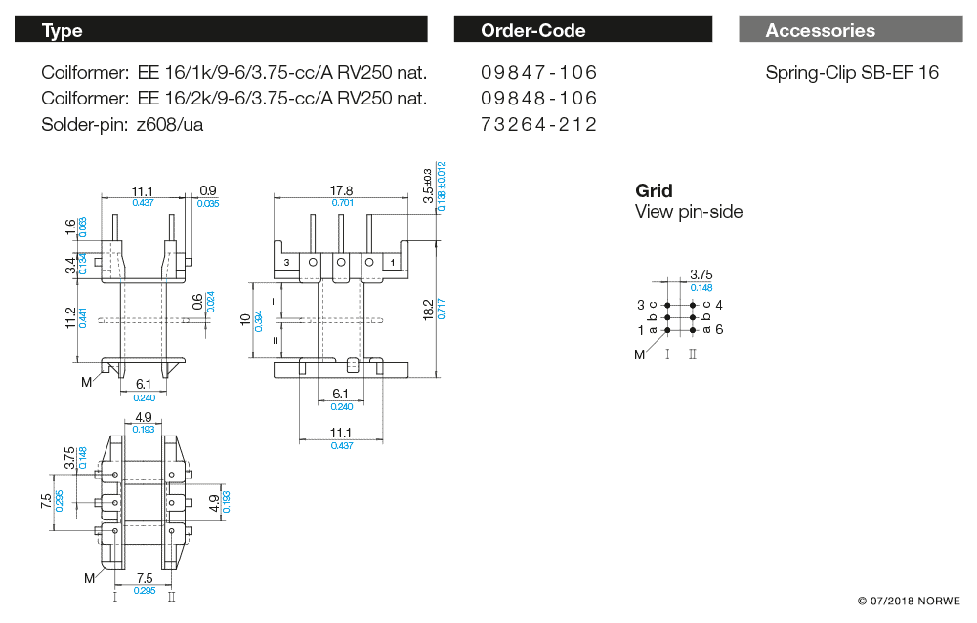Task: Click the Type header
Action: tap(62, 30)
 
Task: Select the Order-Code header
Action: tap(532, 30)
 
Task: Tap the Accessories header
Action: tap(820, 30)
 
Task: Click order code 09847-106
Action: tap(538, 73)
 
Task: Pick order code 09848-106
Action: tap(538, 99)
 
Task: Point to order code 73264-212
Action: tap(538, 124)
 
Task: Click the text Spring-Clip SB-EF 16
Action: tap(852, 73)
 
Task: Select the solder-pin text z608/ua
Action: tap(171, 124)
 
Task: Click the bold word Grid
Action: tap(654, 191)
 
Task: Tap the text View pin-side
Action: tap(689, 212)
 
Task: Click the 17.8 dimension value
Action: tap(341, 190)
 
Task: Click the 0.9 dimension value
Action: tap(207, 190)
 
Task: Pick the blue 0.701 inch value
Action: tap(341, 203)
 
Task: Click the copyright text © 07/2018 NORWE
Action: tap(909, 601)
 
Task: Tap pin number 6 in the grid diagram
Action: tap(719, 330)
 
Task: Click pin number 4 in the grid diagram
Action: tap(719, 305)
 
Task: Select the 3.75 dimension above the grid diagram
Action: tap(701, 275)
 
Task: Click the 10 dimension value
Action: tap(245, 319)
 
